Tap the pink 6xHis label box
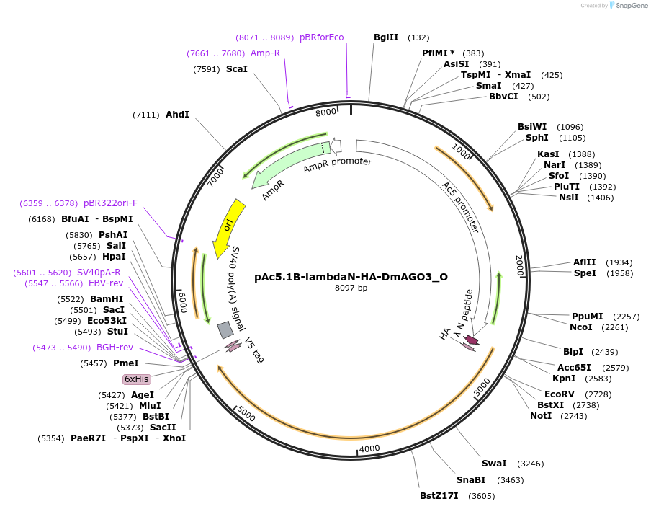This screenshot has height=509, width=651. pyautogui.click(x=136, y=379)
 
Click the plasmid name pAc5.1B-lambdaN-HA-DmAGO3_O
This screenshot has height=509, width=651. pyautogui.click(x=351, y=276)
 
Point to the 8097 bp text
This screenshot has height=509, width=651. pyautogui.click(x=351, y=288)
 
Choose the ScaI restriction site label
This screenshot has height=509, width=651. pyautogui.click(x=237, y=69)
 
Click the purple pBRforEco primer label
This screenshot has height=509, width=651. pyautogui.click(x=322, y=37)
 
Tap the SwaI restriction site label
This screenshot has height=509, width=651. pyautogui.click(x=494, y=464)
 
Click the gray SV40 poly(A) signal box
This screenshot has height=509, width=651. pyautogui.click(x=225, y=329)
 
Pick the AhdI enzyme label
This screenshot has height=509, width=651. pyautogui.click(x=177, y=115)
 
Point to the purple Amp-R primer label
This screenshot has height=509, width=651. pyautogui.click(x=265, y=53)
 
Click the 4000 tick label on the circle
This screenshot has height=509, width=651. pyautogui.click(x=369, y=448)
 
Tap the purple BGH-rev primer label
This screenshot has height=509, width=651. pyautogui.click(x=115, y=348)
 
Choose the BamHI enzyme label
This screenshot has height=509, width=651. pyautogui.click(x=107, y=299)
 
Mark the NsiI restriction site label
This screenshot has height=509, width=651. pyautogui.click(x=568, y=198)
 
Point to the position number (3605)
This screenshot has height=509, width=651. pyautogui.click(x=482, y=496)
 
